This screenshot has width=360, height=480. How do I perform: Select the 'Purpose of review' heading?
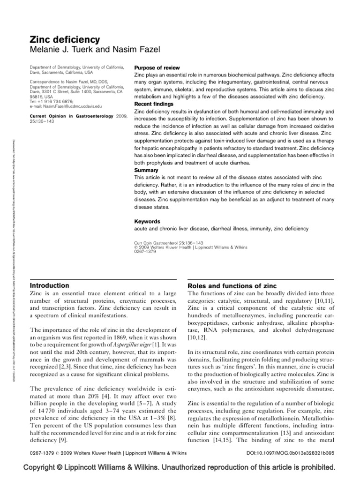[157, 68]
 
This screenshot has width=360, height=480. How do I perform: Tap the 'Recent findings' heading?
[154, 104]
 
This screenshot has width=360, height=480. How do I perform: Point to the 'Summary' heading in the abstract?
[146, 170]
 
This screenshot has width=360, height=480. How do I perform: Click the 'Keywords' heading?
[147, 221]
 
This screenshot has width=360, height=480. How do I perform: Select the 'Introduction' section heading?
[50, 285]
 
